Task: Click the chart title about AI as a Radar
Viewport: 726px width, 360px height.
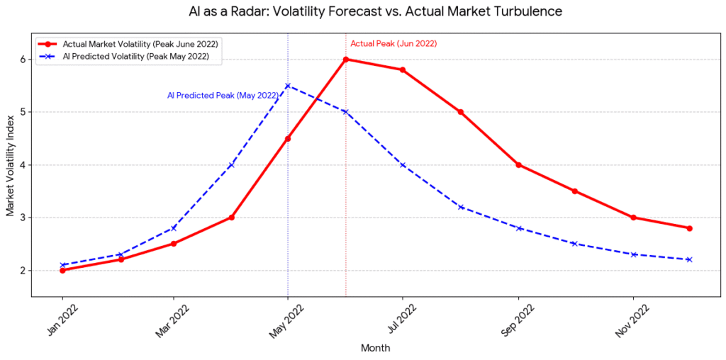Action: click(x=372, y=12)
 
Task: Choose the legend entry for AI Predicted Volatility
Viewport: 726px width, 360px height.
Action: click(x=135, y=57)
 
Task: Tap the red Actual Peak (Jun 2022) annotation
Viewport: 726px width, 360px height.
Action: click(x=393, y=43)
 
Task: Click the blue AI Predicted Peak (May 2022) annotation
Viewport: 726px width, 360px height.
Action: click(x=223, y=95)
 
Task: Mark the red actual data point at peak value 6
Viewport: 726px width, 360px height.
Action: click(x=346, y=60)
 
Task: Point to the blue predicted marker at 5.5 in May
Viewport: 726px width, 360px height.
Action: click(x=288, y=86)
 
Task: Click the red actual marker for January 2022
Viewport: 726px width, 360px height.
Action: click(x=63, y=270)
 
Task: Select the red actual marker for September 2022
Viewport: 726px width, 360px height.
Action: click(x=519, y=165)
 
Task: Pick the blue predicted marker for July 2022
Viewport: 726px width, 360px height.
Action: click(x=403, y=165)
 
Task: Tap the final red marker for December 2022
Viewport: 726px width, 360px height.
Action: click(x=689, y=228)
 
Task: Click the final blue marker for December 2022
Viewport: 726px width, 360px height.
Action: click(x=689, y=259)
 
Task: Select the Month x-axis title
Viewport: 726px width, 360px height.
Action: click(x=375, y=348)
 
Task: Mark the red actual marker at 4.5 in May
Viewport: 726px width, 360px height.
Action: click(x=288, y=139)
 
